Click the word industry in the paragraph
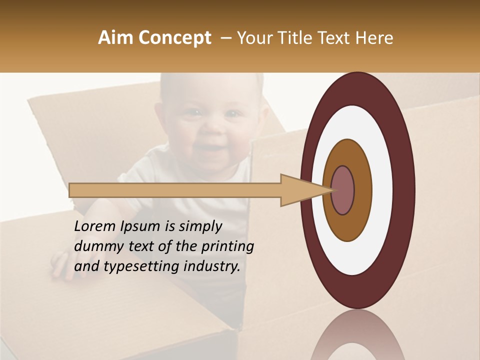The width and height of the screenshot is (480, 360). point(212,266)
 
